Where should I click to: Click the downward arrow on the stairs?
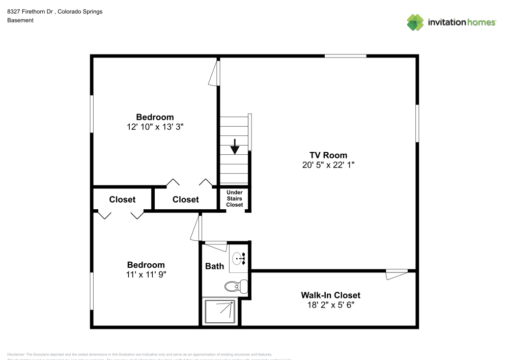coord(235,146)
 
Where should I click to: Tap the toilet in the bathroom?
coord(237,287)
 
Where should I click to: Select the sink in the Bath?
coord(238,259)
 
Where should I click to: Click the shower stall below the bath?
coord(220,311)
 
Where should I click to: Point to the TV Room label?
coord(328,155)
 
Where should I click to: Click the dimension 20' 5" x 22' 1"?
coord(328,165)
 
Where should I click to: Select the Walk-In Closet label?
coord(330,295)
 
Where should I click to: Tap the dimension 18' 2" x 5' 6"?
coord(330,305)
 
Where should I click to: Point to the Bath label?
coord(214,266)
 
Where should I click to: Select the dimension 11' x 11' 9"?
coord(146,274)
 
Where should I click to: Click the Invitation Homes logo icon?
coord(415,22)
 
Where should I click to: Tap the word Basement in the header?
coord(20,20)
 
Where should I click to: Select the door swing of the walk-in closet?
coord(396,274)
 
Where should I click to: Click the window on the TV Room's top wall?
coord(345,56)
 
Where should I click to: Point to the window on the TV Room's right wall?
coord(417,123)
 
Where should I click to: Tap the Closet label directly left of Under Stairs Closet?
coord(185,200)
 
